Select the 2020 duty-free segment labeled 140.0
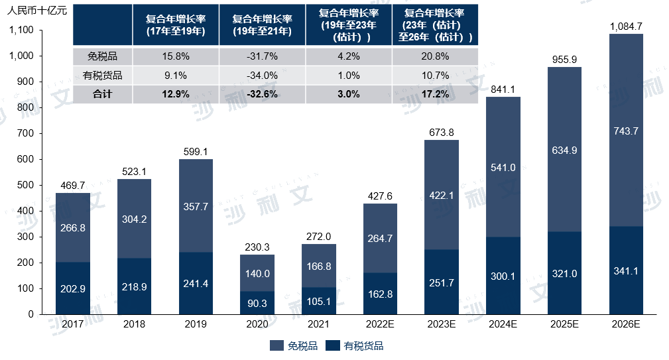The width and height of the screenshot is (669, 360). [x=257, y=273]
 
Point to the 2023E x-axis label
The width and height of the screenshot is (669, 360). [x=441, y=324]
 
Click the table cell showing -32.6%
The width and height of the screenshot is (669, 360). [x=261, y=94]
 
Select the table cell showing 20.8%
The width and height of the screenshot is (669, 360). [x=435, y=56]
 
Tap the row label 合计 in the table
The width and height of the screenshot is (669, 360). [x=103, y=94]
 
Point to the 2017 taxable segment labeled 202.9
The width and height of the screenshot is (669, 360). [x=72, y=289]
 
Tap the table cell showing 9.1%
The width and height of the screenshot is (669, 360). [x=174, y=75]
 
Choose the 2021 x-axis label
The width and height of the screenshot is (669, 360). [x=319, y=324]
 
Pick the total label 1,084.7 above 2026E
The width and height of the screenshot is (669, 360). [x=626, y=27]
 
